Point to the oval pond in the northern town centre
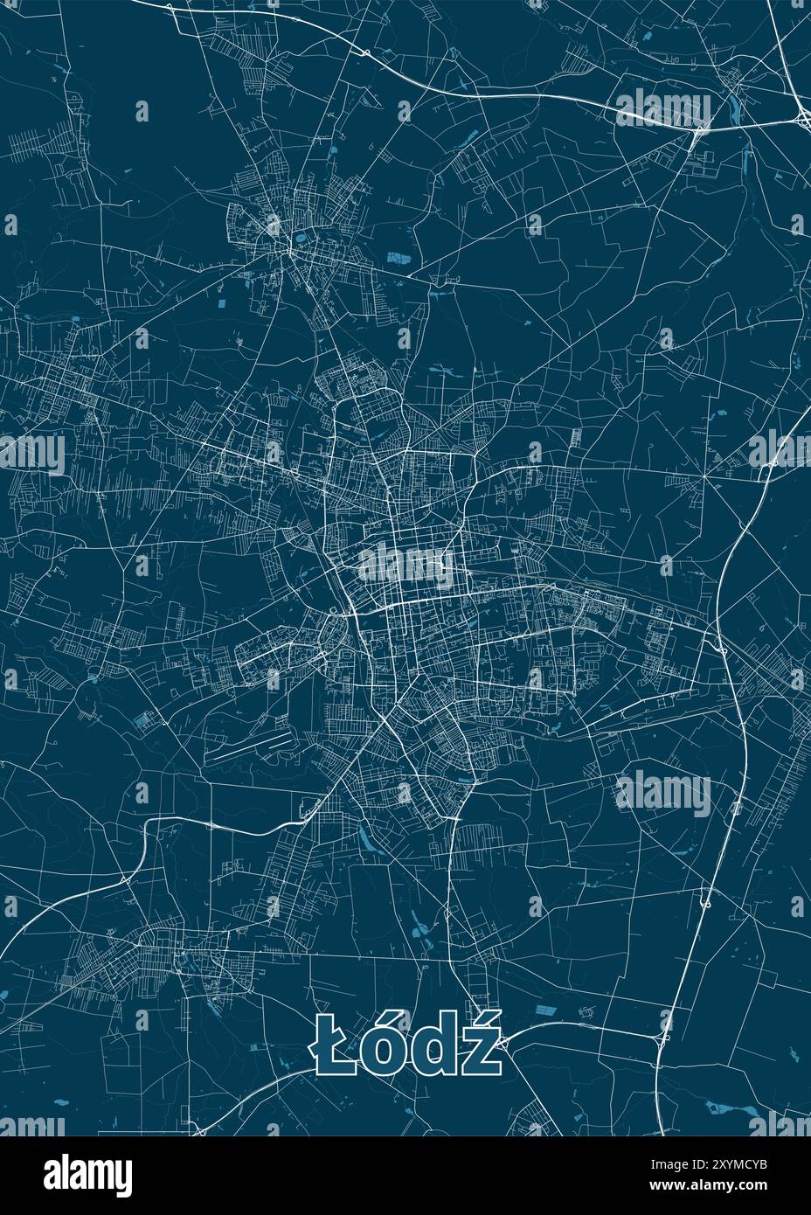[300, 235]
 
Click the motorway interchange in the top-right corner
[802, 115]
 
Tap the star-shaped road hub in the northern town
[288, 251]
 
